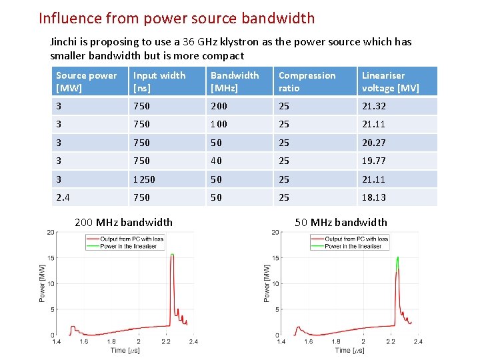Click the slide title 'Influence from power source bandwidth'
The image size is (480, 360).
pyautogui.click(x=177, y=19)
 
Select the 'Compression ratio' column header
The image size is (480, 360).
pyautogui.click(x=307, y=81)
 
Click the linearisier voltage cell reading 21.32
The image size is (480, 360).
pyautogui.click(x=373, y=106)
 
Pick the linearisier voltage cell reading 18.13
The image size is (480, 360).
pyautogui.click(x=373, y=197)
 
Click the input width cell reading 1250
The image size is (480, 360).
pyautogui.click(x=144, y=179)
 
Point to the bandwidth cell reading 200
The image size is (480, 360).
pyautogui.click(x=219, y=106)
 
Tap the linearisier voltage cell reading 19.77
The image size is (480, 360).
pyautogui.click(x=373, y=161)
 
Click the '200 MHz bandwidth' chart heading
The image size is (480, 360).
pyautogui.click(x=123, y=223)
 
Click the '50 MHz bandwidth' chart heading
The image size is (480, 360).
pyautogui.click(x=341, y=223)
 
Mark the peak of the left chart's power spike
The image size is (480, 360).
pyautogui.click(x=172, y=255)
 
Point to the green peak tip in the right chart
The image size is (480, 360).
pyautogui.click(x=398, y=257)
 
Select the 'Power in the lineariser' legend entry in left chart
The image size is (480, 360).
pyautogui.click(x=129, y=246)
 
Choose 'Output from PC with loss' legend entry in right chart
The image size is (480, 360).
pyautogui.click(x=357, y=239)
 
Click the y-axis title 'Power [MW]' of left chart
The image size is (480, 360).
pyautogui.click(x=42, y=283)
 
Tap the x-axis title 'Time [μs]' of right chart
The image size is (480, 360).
pyautogui.click(x=349, y=350)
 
